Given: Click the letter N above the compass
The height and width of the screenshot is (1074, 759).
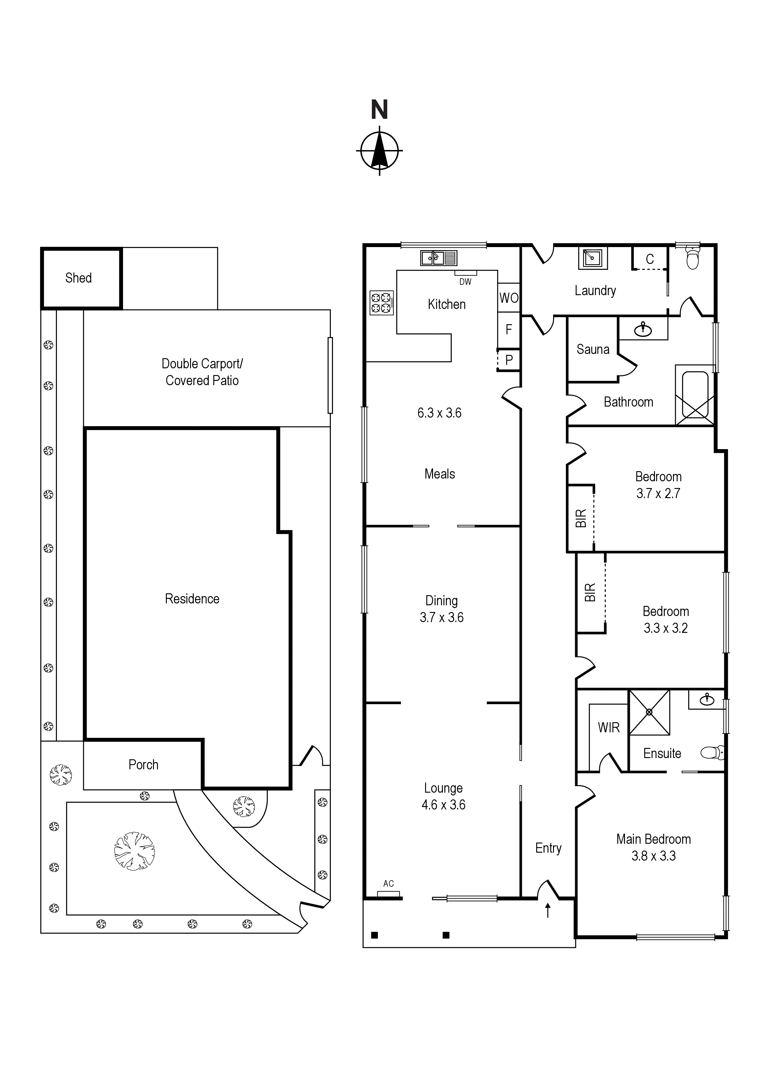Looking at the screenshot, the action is (379, 110).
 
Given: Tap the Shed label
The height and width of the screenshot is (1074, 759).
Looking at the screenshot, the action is (79, 278).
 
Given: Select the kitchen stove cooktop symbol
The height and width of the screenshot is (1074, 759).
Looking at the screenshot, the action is (381, 303).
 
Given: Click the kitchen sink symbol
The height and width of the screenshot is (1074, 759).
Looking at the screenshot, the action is (439, 258).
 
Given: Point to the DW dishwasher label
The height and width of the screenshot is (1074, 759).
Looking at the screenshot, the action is (465, 282).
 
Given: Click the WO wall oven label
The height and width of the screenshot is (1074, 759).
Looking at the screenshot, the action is (509, 298).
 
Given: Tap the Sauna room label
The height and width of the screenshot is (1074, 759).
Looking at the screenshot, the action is (593, 349).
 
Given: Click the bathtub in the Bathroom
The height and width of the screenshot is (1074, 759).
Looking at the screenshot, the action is (695, 395).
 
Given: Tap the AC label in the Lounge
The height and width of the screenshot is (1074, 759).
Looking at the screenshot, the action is (389, 884).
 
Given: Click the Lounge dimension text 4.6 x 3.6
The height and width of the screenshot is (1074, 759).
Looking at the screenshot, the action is (443, 805).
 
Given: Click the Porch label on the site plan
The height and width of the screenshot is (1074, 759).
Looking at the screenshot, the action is (144, 765).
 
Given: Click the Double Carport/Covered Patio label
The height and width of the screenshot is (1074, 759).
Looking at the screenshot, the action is (202, 372).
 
